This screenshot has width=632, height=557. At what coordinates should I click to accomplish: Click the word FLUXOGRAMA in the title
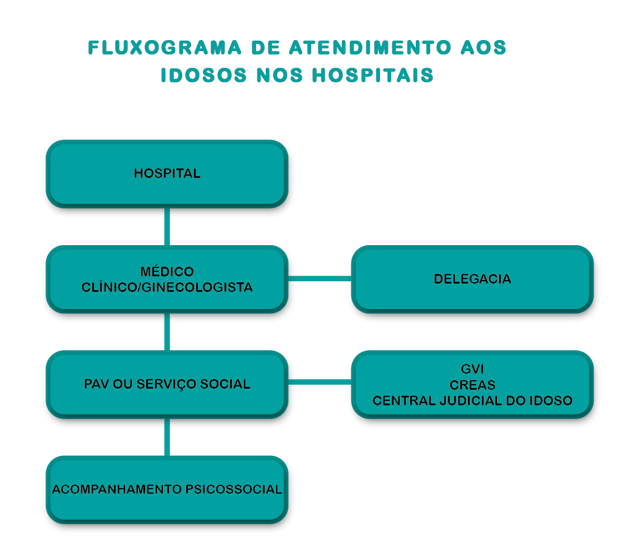[x=165, y=48]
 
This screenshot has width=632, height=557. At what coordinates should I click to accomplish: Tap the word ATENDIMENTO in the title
[x=370, y=48]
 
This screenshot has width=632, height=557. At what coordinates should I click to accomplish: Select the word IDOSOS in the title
[x=203, y=76]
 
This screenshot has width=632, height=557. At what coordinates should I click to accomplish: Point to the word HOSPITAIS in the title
[x=373, y=76]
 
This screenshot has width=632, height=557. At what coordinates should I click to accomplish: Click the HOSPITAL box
[x=167, y=173]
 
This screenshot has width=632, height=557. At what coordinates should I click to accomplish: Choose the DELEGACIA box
[x=472, y=279]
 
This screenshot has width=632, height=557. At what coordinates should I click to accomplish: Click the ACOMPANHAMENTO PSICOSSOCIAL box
[x=167, y=490]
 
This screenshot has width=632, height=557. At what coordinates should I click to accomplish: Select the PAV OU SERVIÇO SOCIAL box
[x=167, y=384]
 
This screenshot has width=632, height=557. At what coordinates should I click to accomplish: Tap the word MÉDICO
[x=167, y=271]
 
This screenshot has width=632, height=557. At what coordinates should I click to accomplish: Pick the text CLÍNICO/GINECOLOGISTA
[x=167, y=287]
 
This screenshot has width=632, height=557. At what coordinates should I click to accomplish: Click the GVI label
[x=472, y=369]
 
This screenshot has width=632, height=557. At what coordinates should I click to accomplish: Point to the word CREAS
[x=472, y=385]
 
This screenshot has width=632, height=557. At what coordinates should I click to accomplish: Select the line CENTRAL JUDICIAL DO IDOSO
[x=472, y=401]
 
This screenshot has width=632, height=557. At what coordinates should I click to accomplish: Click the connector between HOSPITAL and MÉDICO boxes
[x=167, y=226]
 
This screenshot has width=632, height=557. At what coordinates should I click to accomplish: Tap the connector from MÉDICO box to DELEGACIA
[x=320, y=278]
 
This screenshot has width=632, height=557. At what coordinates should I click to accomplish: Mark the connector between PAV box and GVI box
[x=320, y=382]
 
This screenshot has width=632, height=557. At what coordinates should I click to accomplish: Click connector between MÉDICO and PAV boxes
[x=167, y=332]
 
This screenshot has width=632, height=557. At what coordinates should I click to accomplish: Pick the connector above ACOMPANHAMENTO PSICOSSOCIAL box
[x=167, y=437]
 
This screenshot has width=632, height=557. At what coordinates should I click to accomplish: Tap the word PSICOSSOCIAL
[x=234, y=489]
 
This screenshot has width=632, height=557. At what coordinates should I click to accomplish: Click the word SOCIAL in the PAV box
[x=225, y=384]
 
